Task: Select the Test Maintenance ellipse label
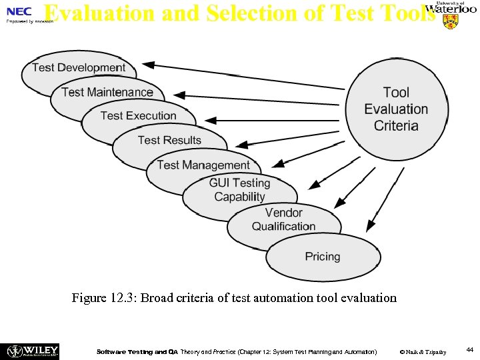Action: pos(107,92)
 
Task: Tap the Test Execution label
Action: pos(138,116)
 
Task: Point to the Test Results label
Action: pos(169,140)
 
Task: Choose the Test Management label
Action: pos(203,165)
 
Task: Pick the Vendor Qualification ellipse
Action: pos(283,220)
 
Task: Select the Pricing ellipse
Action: pos(323,257)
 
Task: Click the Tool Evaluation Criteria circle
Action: pos(396,109)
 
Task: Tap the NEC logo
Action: pos(19,12)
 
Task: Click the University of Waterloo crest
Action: pos(451,22)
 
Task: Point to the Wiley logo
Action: pos(32,351)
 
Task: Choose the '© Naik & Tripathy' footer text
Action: pos(423,351)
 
